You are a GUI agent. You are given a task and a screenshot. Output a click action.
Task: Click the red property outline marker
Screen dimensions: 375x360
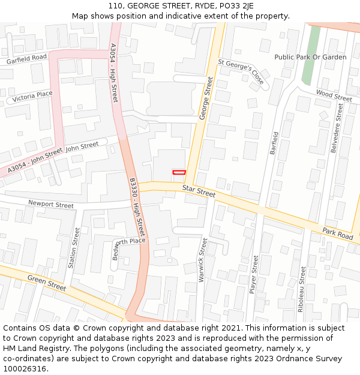coord(179,172)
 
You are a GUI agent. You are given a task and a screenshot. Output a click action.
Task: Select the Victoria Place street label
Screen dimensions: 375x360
coord(32,96)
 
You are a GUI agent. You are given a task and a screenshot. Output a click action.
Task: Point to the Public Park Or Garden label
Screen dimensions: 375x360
coord(310,57)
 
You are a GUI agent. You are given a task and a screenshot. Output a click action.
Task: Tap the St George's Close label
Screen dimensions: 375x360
coord(241,71)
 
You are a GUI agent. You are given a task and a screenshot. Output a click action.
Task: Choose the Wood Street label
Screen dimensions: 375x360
coord(334,95)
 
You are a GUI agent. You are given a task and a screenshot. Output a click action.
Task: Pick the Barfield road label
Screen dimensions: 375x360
coord(275,143)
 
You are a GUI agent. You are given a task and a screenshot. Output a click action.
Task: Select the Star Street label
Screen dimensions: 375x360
coord(199,192)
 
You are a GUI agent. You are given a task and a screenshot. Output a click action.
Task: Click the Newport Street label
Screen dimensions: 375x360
coord(51,205)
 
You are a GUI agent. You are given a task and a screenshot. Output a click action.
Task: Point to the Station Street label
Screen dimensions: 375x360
coord(75,248)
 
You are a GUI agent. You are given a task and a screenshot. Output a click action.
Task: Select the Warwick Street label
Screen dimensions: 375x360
coord(203,260)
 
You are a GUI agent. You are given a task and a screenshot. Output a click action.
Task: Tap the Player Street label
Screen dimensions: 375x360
coord(254,274)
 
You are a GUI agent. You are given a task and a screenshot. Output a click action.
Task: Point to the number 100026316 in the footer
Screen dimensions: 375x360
coord(24,369)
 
